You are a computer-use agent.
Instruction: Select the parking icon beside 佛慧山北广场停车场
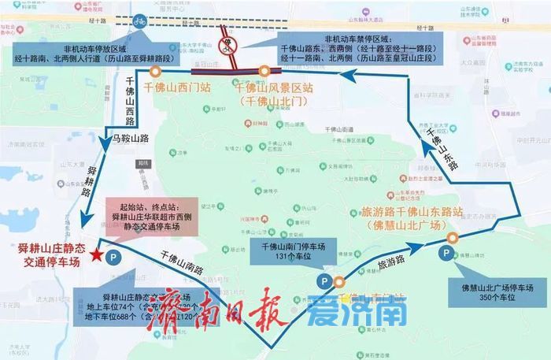[446, 253]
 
